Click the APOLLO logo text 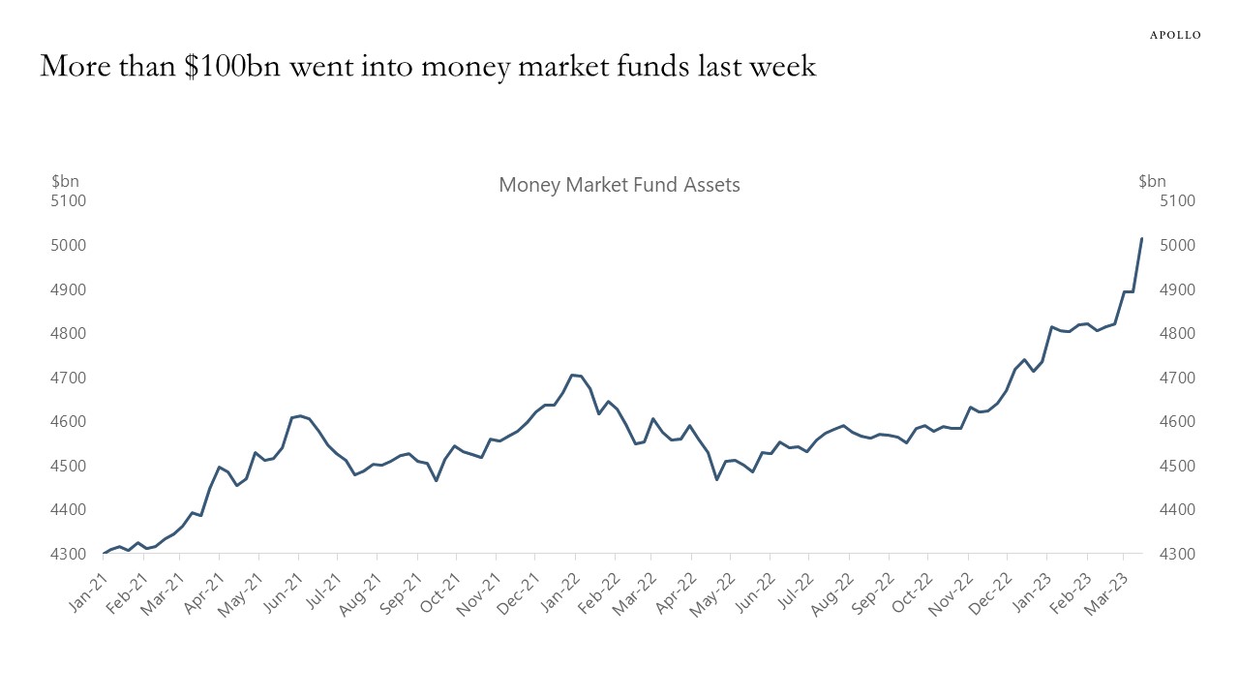point(1174,35)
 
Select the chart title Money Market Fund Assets point(619,185)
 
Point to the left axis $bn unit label point(65,181)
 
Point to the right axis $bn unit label point(1152,181)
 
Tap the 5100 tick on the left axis point(69,201)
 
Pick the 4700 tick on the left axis point(69,378)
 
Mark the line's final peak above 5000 point(1141,239)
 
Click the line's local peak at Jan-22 point(573,375)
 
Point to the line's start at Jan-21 point(104,553)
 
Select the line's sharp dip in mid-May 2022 point(717,479)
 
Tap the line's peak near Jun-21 point(299,415)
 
